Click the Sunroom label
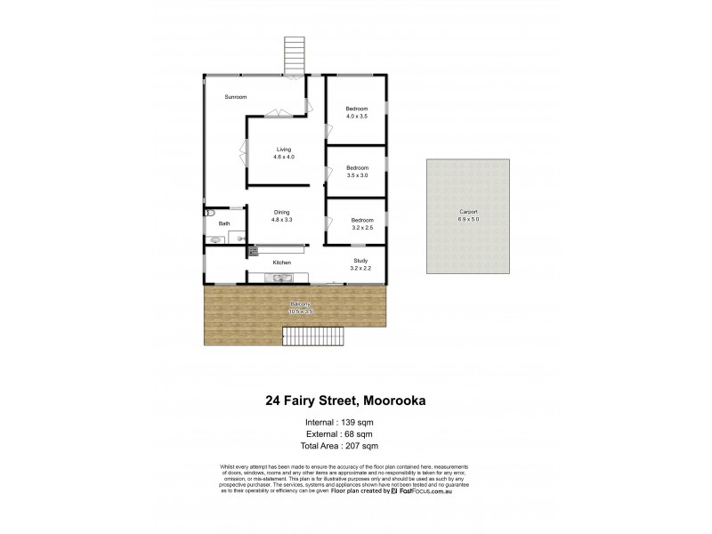236,96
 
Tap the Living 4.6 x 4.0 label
284,153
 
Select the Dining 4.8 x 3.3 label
282,215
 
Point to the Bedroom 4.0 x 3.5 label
356,113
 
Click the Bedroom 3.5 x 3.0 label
357,172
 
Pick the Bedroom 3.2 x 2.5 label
361,223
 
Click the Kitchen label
282,263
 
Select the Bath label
224,224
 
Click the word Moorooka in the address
387,400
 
